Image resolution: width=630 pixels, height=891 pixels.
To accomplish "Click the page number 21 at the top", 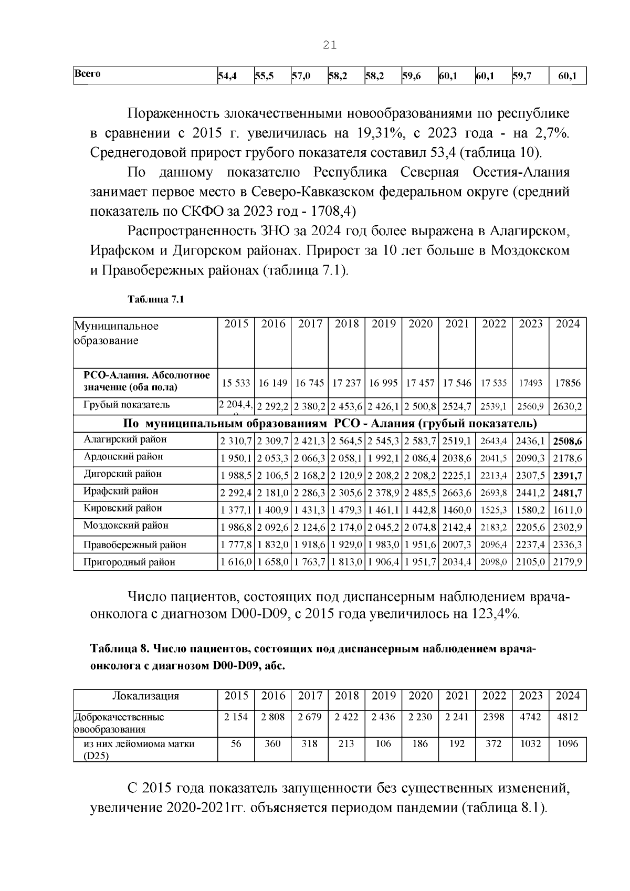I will pos(330,46).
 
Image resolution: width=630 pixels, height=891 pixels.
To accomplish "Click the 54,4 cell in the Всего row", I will pos(227,76).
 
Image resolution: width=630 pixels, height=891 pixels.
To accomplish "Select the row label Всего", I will pos(87,74).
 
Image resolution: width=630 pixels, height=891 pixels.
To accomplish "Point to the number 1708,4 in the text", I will pos(333,211).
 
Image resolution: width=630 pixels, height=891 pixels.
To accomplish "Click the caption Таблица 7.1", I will pos(155,300).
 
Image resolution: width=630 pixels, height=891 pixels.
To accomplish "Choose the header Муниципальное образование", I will pos(115,333).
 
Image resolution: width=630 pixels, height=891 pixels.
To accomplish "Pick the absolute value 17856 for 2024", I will pos(568,383).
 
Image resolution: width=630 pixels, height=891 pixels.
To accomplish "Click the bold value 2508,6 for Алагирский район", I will pos(568,442).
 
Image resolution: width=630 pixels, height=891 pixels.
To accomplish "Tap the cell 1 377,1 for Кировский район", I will pos(236,510).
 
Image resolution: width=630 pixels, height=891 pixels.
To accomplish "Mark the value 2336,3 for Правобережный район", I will pos(568,545).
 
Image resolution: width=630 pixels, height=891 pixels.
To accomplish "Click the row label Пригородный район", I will pos(129,562).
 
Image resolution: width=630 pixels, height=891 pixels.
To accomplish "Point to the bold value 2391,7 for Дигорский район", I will pos(568,476).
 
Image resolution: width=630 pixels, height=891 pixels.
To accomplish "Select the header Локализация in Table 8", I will pos(145,696).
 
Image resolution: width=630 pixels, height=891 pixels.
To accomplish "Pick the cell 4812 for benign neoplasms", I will pos(568,717).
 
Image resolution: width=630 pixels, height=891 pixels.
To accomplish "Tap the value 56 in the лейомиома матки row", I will pos(236,744).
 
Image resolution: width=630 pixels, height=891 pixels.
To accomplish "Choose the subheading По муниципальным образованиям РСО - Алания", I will pos(330,423).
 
